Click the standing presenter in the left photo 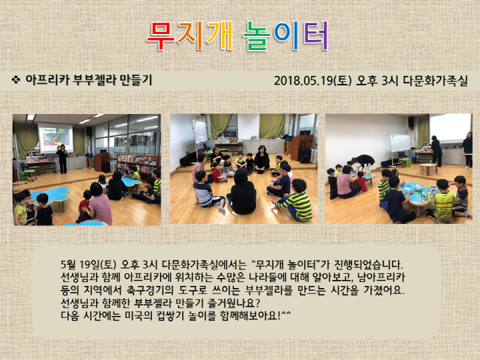tap(61, 158)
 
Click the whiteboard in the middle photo tap(200, 131)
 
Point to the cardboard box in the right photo tap(428, 169)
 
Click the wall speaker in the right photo tap(411, 123)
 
